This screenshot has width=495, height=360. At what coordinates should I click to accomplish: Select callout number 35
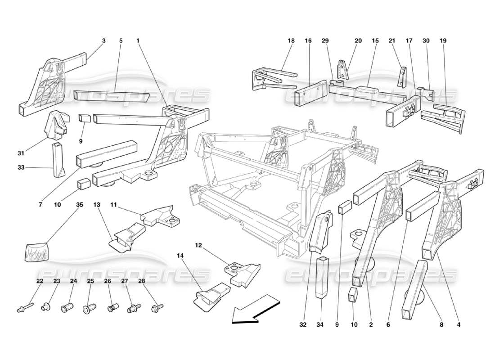tap(80, 204)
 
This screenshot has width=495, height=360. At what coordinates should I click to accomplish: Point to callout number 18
tap(291, 40)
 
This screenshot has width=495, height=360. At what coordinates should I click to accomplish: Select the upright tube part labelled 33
tap(58, 160)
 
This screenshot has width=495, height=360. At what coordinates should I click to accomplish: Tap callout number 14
tap(180, 255)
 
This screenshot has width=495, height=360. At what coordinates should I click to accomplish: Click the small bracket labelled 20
tap(344, 71)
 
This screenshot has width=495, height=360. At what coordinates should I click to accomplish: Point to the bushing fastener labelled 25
tap(88, 309)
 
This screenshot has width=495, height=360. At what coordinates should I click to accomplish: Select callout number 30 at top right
tap(426, 40)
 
